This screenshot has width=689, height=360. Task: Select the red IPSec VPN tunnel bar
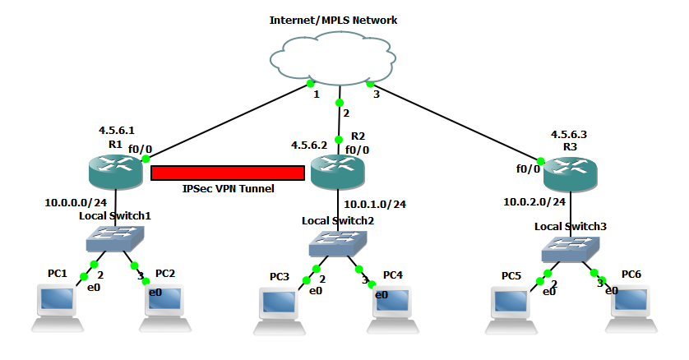pos(228,173)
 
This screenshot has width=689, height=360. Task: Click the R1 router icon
pos(115,171)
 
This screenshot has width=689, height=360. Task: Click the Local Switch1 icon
pos(115,238)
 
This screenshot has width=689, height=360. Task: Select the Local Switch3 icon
pos(570,247)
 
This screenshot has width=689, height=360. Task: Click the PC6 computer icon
pos(633,305)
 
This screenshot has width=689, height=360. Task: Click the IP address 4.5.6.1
pos(116,130)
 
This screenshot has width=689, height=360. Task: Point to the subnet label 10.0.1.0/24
pos(375,204)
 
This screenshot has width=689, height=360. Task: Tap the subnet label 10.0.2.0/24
pos(534,201)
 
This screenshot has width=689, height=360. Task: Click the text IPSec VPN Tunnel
pos(228,188)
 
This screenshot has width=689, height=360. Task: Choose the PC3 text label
pos(283,277)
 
